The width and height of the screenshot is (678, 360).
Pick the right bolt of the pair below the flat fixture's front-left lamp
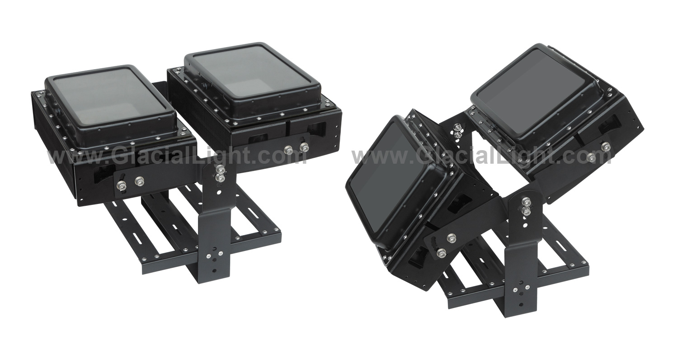(140, 181)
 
